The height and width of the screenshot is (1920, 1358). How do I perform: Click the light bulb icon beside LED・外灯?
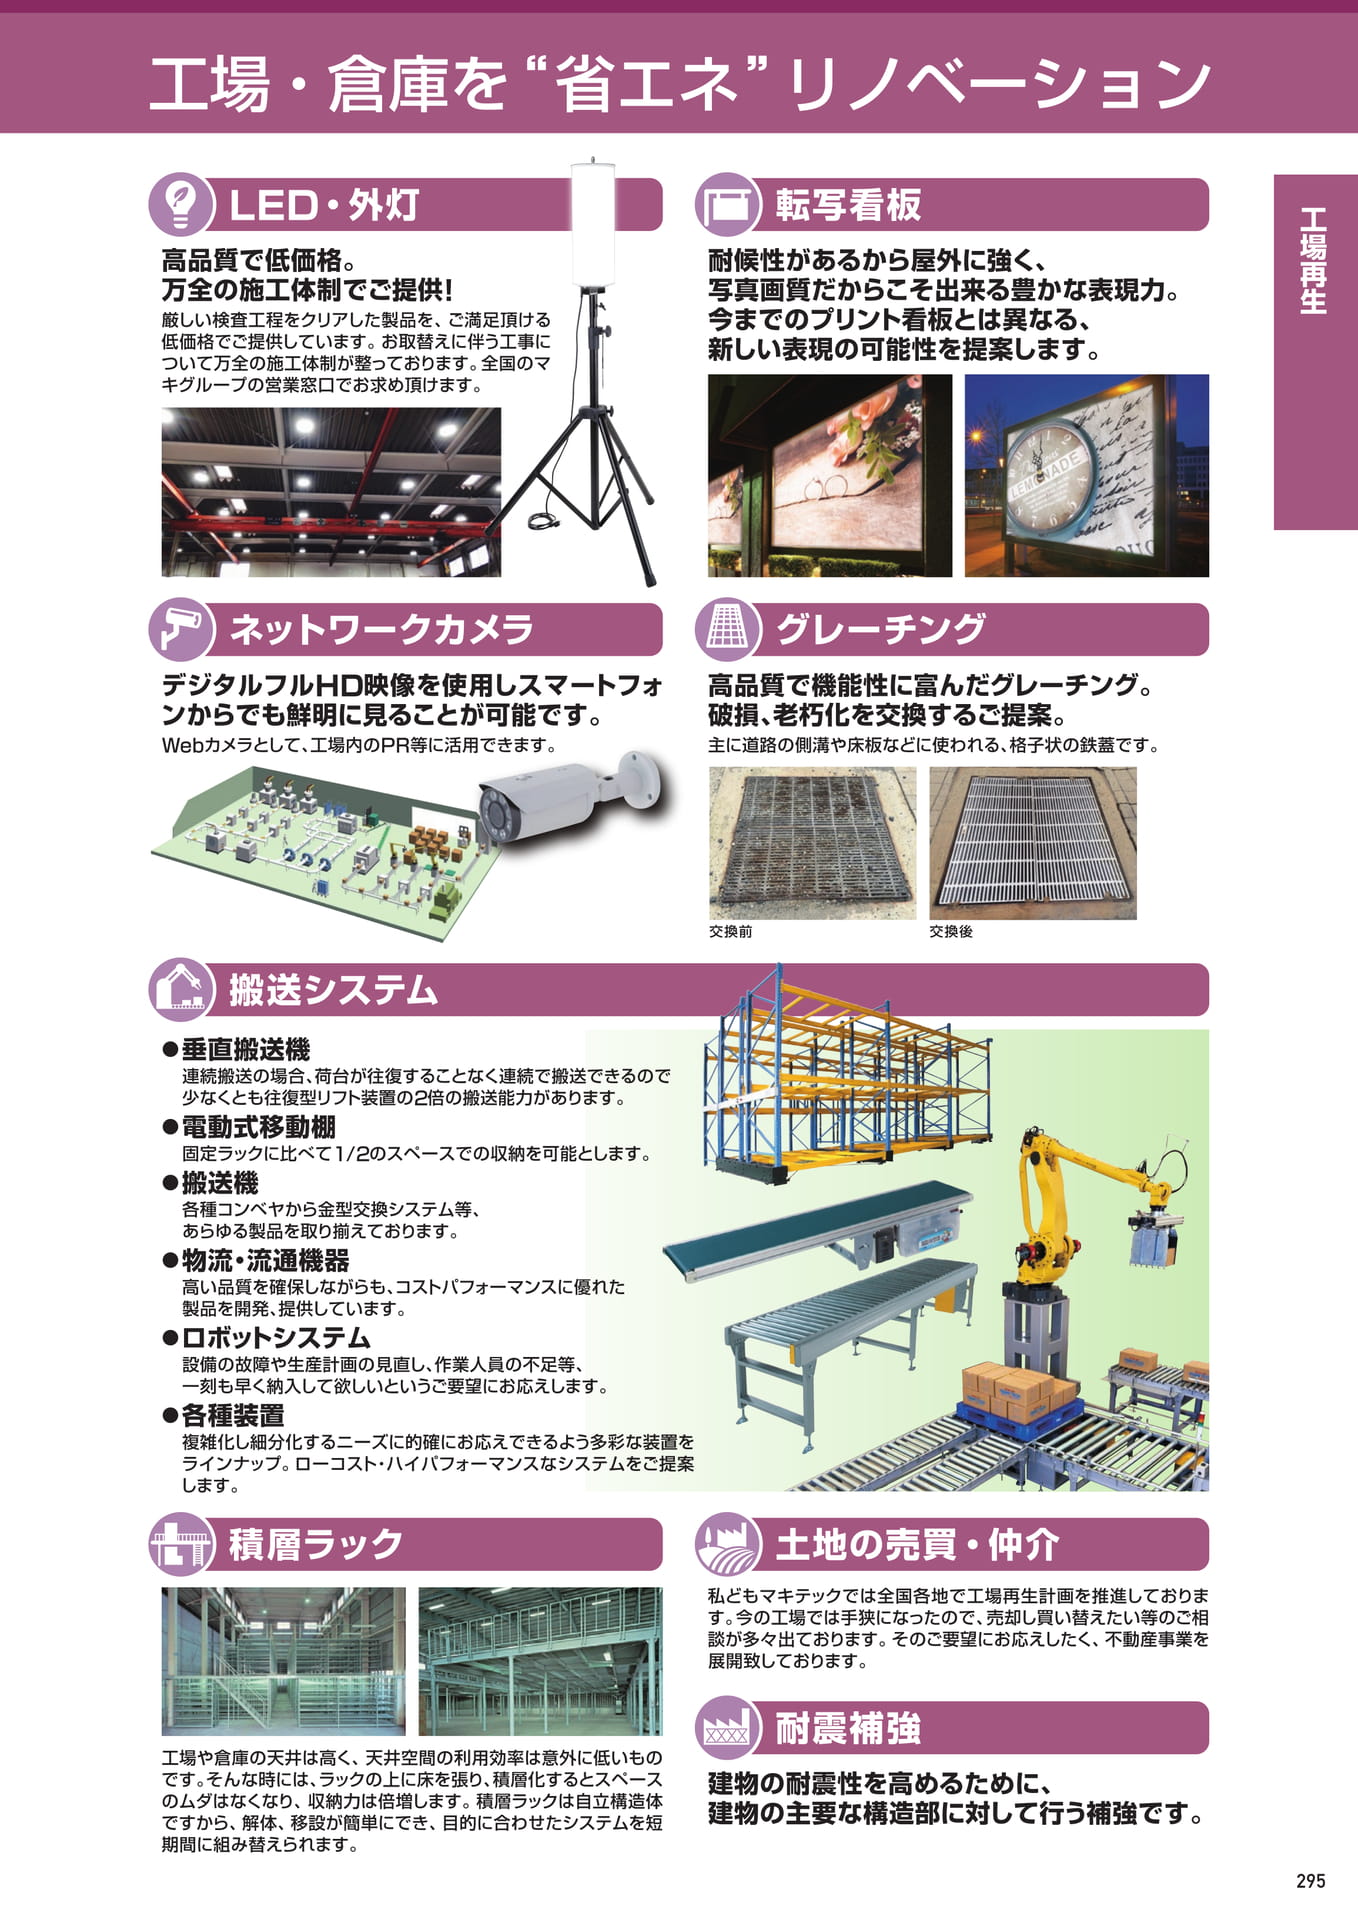pos(182,204)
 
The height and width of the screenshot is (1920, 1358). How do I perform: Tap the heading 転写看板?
pos(848,205)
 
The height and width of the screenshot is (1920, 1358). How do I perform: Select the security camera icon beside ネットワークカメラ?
pos(182,629)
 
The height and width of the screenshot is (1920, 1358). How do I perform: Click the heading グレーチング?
pos(881,629)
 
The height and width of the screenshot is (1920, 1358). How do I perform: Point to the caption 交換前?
pos(730,931)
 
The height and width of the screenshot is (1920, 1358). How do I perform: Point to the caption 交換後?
pos(950,931)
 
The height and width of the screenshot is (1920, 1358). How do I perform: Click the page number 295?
pos(1310,1881)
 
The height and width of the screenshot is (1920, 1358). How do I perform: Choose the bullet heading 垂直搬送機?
pos(246,1049)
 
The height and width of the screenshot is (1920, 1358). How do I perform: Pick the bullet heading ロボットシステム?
pos(276,1338)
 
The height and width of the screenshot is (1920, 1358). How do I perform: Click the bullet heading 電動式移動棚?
pos(258,1127)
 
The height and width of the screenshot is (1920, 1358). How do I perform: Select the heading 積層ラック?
pos(316,1544)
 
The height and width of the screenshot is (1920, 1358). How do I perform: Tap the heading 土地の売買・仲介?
pos(917,1544)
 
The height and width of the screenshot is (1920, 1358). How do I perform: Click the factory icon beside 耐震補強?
pos(728,1728)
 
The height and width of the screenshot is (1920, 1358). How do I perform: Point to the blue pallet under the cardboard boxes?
pos(1018,1412)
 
